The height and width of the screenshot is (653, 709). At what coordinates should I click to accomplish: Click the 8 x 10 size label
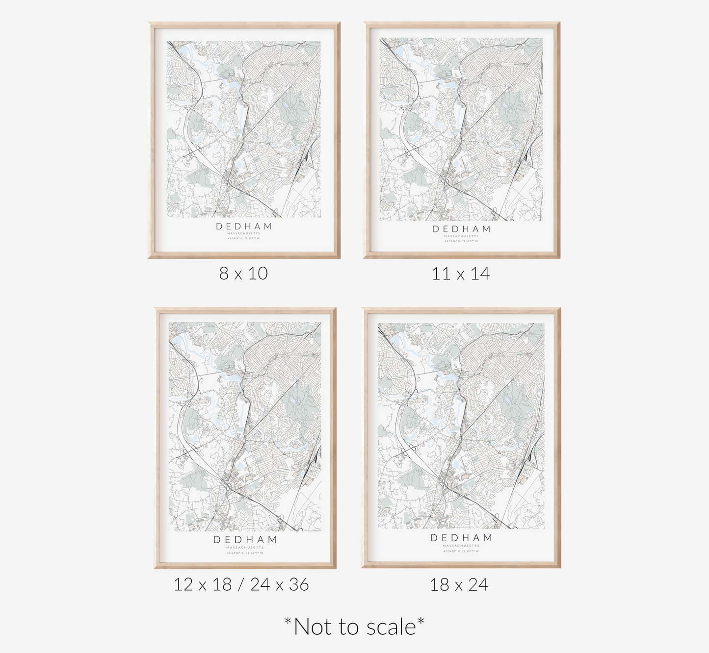(x=243, y=273)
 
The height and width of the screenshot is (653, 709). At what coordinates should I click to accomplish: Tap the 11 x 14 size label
(x=461, y=273)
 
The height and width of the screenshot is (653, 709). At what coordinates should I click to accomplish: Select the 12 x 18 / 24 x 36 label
(x=241, y=584)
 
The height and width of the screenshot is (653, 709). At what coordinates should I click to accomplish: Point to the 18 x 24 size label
(x=459, y=584)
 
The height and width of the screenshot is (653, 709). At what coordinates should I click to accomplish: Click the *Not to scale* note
(x=354, y=627)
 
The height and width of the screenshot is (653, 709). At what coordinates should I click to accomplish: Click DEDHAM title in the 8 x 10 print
(x=244, y=226)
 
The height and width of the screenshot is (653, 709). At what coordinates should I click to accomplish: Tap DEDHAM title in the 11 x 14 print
(x=461, y=229)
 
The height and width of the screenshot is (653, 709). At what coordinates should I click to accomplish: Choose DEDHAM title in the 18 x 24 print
(x=461, y=538)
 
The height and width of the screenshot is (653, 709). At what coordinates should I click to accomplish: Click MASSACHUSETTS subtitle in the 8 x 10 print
(x=244, y=234)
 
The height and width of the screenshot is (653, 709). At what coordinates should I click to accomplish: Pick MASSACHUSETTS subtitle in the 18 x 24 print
(x=461, y=546)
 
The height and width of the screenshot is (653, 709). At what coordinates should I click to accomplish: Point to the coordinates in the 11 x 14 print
(x=461, y=241)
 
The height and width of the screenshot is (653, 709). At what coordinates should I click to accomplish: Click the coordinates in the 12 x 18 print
(x=245, y=553)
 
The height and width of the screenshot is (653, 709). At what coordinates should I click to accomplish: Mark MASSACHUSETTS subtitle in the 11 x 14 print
(x=461, y=236)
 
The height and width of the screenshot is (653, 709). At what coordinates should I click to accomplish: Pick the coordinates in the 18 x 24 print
(x=461, y=551)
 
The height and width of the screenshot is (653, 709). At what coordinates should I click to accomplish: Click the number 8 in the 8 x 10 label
(x=224, y=273)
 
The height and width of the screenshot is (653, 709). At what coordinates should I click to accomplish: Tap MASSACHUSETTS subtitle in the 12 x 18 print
(x=245, y=548)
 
